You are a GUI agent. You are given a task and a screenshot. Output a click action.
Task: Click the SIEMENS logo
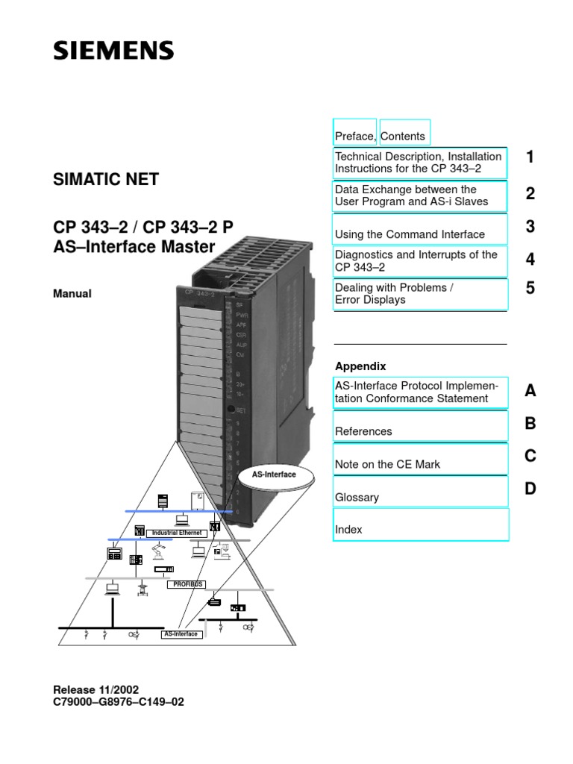click(x=113, y=51)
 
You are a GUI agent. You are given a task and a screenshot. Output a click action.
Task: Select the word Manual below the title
click(x=72, y=294)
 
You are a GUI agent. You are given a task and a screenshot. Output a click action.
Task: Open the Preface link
click(x=355, y=136)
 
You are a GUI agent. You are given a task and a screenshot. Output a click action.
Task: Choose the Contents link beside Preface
click(x=404, y=136)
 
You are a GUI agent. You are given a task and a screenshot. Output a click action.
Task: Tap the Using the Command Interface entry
click(x=410, y=234)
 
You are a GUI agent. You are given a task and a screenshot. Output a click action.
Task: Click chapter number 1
click(x=530, y=157)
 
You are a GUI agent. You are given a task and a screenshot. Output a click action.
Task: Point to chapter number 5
click(x=530, y=287)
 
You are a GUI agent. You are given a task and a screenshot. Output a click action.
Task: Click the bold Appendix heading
click(x=360, y=366)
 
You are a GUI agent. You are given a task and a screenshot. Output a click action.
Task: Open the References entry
click(x=363, y=431)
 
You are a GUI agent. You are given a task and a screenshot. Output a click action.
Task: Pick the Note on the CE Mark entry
click(x=388, y=464)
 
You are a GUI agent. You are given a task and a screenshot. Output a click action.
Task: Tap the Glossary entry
click(x=357, y=497)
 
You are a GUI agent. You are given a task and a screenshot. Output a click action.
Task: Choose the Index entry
click(x=349, y=529)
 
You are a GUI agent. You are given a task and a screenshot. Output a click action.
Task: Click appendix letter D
click(x=530, y=489)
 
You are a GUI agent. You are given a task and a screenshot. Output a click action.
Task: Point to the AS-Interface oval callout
click(x=274, y=474)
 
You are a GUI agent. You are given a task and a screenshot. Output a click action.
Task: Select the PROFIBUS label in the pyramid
click(x=184, y=583)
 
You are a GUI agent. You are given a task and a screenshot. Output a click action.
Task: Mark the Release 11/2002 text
click(x=96, y=690)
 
